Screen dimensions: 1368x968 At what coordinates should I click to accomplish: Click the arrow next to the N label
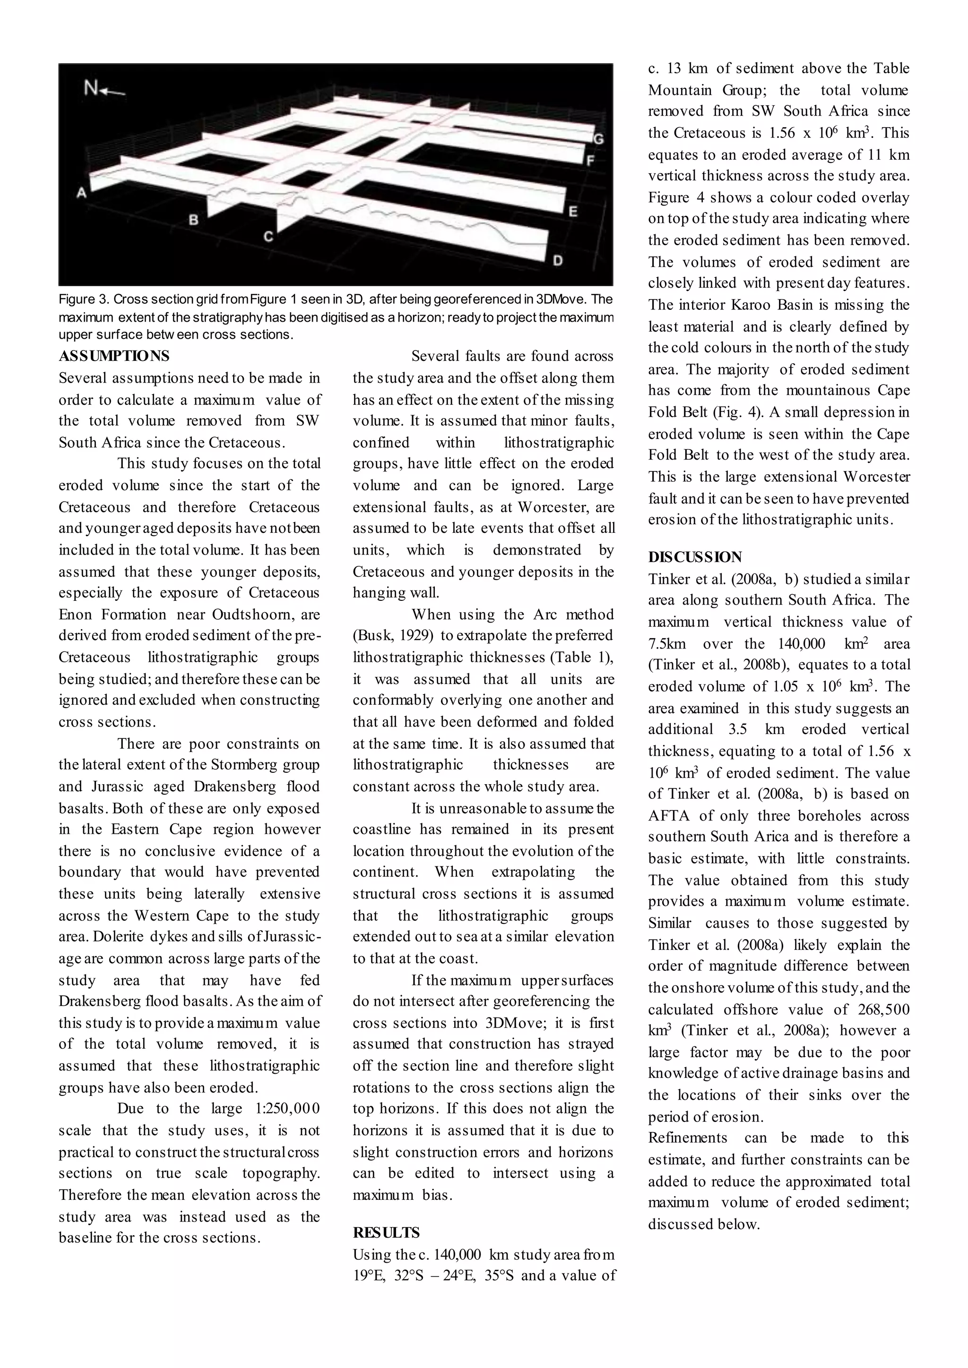point(113,92)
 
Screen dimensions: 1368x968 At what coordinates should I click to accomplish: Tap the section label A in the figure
point(82,192)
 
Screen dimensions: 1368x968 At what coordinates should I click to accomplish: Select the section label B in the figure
point(193,220)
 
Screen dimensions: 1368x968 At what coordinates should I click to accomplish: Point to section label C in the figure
point(268,237)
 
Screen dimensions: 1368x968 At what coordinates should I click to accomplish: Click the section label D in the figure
point(557,260)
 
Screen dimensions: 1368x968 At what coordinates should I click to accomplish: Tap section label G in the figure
point(598,140)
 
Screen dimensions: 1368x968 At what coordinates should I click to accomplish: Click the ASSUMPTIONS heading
point(114,356)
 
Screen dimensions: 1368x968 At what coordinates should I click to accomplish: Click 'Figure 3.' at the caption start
point(84,299)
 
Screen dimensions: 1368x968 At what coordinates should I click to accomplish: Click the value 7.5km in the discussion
point(667,643)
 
